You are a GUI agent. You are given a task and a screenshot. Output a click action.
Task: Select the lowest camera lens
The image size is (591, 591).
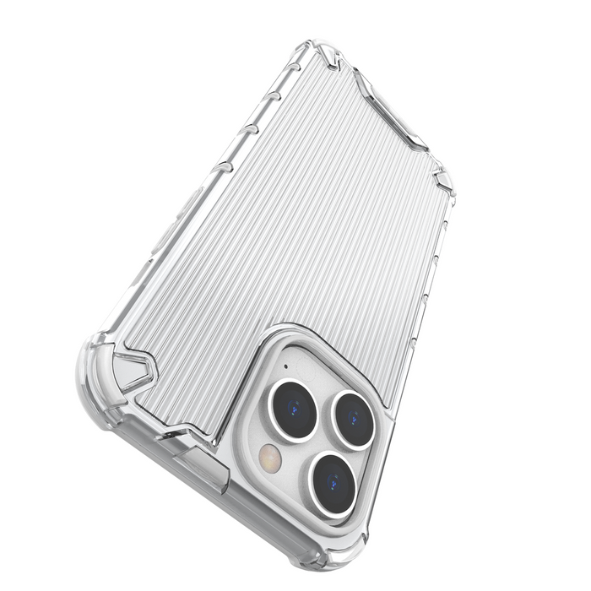pyautogui.click(x=332, y=484)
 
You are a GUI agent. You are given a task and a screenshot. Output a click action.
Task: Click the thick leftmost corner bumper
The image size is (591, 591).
pyautogui.click(x=97, y=371)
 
